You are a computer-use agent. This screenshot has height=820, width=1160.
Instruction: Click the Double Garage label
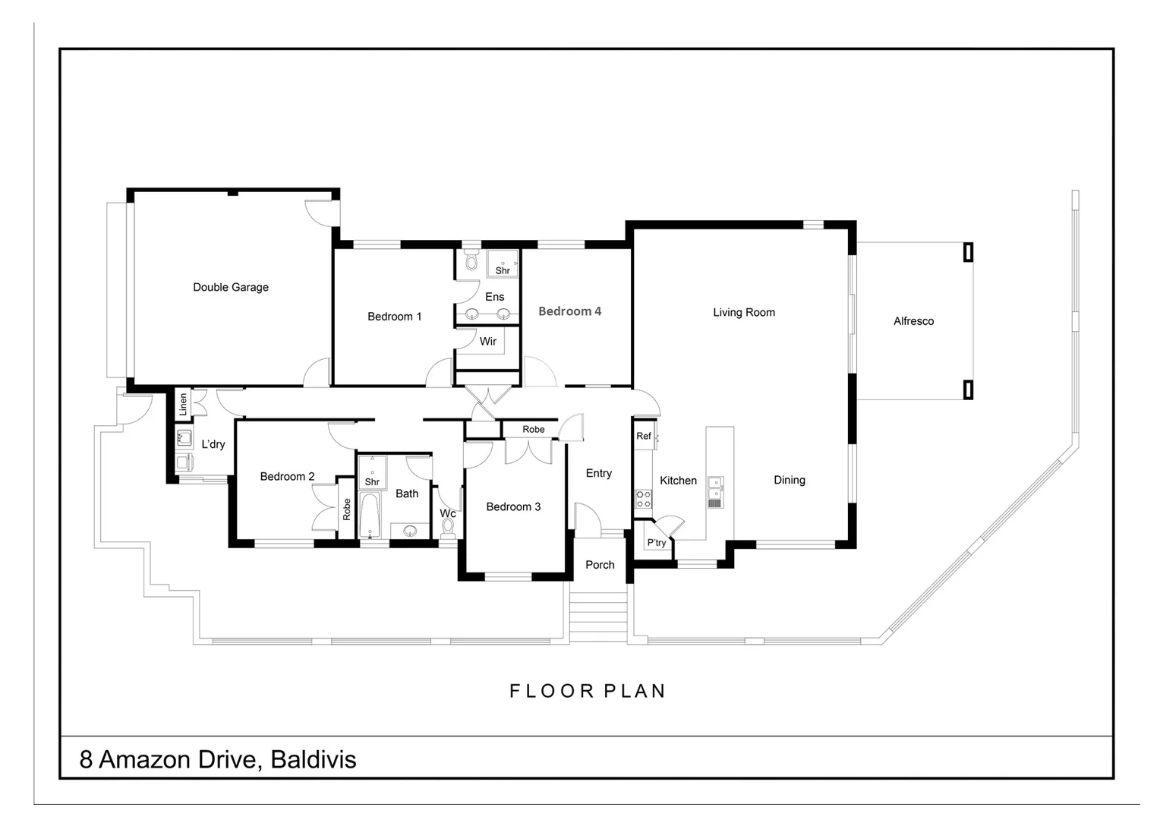pyautogui.click(x=231, y=287)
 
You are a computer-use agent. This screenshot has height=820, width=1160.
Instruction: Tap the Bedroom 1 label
pyautogui.click(x=394, y=317)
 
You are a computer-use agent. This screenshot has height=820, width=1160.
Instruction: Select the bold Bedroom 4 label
pyautogui.click(x=569, y=311)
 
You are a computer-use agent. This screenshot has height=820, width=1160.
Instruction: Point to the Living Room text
pyautogui.click(x=743, y=312)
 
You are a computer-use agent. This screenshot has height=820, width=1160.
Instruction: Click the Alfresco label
pyautogui.click(x=913, y=321)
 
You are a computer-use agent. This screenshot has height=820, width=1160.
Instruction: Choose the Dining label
pyautogui.click(x=789, y=480)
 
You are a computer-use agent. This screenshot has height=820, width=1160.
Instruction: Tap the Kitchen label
pyautogui.click(x=678, y=481)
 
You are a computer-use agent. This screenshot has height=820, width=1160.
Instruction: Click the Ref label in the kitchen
pyautogui.click(x=643, y=436)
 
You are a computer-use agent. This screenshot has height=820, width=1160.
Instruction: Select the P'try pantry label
pyautogui.click(x=656, y=543)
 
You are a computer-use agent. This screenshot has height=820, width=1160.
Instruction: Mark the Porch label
pyautogui.click(x=600, y=565)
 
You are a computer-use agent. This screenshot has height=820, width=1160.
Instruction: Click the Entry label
pyautogui.click(x=598, y=473)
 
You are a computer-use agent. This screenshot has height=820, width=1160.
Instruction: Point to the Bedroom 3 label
pyautogui.click(x=513, y=506)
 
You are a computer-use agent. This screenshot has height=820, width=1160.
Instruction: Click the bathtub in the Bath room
pyautogui.click(x=370, y=516)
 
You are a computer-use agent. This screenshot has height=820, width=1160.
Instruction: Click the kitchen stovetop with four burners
pyautogui.click(x=643, y=499)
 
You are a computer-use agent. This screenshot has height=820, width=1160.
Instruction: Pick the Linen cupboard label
pyautogui.click(x=183, y=405)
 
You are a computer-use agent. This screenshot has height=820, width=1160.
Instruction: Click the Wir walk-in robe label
pyautogui.click(x=487, y=342)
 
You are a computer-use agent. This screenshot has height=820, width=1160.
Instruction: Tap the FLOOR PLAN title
pyautogui.click(x=587, y=691)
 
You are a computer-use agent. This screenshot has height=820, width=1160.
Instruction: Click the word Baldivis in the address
pyautogui.click(x=313, y=759)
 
